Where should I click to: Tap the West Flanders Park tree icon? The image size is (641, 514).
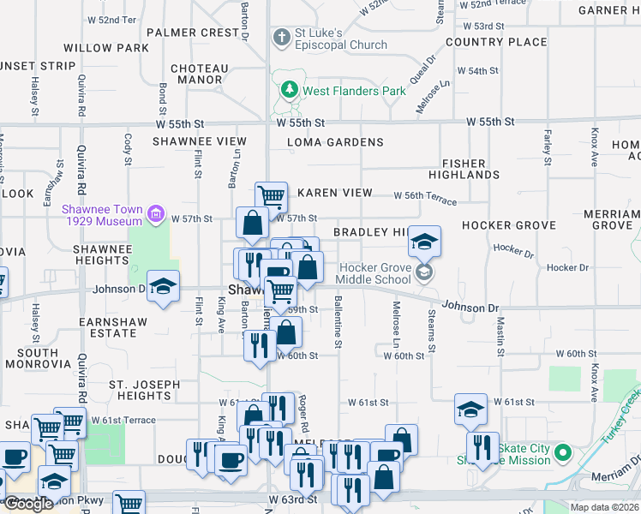[289, 90]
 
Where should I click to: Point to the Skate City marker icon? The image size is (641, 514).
[563, 451]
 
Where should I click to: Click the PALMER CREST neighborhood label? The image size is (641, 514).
[193, 33]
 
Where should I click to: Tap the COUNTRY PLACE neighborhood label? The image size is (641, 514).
[496, 42]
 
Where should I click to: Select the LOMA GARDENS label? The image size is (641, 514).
[335, 142]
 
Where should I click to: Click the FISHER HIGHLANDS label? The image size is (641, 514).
[470, 169]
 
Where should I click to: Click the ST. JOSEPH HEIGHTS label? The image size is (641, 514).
[144, 390]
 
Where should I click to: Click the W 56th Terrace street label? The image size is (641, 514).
[425, 196]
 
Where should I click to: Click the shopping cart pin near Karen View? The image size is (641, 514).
[272, 196]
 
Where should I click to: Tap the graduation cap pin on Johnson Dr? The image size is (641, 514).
[163, 286]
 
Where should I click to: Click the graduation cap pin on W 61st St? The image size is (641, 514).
[470, 409]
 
